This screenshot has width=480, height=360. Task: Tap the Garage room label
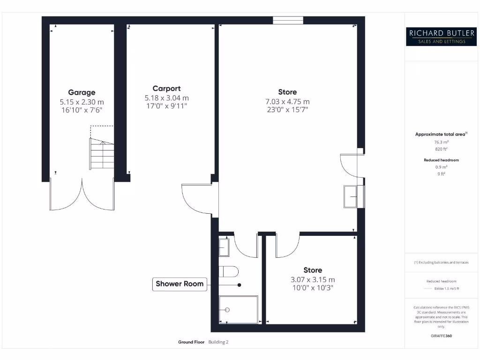82,92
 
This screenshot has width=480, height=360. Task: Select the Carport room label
166,89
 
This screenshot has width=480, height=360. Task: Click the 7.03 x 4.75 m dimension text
287,102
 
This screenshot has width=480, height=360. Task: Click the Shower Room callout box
180,284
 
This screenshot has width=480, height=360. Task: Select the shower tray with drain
239,309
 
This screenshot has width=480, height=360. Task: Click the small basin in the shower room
224,247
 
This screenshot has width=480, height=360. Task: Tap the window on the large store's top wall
288,20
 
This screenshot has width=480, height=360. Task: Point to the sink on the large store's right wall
352,196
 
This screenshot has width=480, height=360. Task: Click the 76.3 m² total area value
441,142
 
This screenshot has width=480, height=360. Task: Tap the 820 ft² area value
441,149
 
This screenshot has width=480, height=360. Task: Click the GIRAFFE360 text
441,336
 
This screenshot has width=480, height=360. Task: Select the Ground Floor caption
191,342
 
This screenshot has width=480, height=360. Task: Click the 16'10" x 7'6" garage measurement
82,110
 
